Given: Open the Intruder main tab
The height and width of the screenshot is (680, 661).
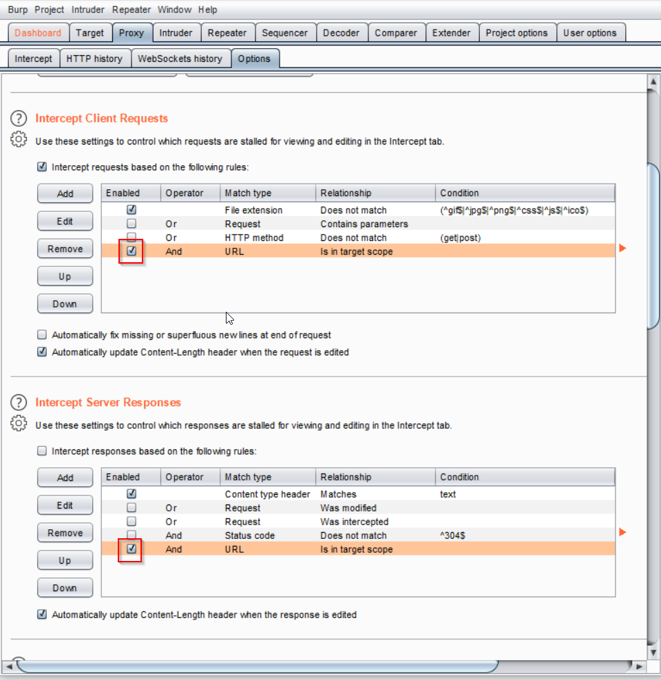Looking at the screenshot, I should click(176, 33).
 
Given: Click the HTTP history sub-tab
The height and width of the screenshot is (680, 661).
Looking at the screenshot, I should click(94, 59).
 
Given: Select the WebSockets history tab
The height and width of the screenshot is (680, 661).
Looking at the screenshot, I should click(180, 59).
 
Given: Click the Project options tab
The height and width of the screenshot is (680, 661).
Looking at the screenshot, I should click(516, 33).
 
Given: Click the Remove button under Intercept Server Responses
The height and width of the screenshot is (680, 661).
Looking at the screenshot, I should click(65, 533).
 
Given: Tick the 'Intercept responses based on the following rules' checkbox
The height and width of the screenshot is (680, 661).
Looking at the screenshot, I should click(42, 451).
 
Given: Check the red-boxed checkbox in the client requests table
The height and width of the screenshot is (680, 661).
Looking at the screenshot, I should click(132, 251).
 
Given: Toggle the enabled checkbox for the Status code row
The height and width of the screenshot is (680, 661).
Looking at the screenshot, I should click(132, 535).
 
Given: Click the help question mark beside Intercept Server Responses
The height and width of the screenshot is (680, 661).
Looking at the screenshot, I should click(19, 402).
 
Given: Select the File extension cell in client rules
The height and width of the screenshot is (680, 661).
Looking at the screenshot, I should click(253, 211).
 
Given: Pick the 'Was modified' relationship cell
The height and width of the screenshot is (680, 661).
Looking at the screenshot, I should click(348, 508).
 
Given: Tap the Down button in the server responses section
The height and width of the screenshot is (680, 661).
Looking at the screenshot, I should click(65, 588).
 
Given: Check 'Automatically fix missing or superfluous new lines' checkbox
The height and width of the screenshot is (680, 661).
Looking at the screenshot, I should click(42, 335).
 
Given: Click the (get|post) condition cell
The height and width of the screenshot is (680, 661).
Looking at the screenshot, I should click(461, 238).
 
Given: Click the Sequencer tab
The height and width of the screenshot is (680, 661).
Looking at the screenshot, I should click(286, 33).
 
